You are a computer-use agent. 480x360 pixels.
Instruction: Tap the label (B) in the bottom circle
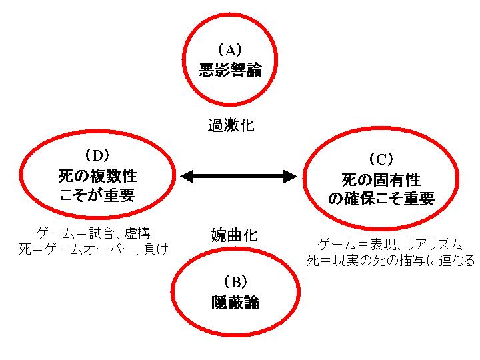coord(230,281)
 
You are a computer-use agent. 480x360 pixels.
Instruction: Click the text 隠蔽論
coord(230,302)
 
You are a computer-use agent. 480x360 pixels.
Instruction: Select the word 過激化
coord(231,125)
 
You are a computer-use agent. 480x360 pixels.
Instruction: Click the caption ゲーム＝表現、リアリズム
coord(390,244)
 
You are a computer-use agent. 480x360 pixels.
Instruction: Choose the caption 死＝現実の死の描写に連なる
coord(390,260)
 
